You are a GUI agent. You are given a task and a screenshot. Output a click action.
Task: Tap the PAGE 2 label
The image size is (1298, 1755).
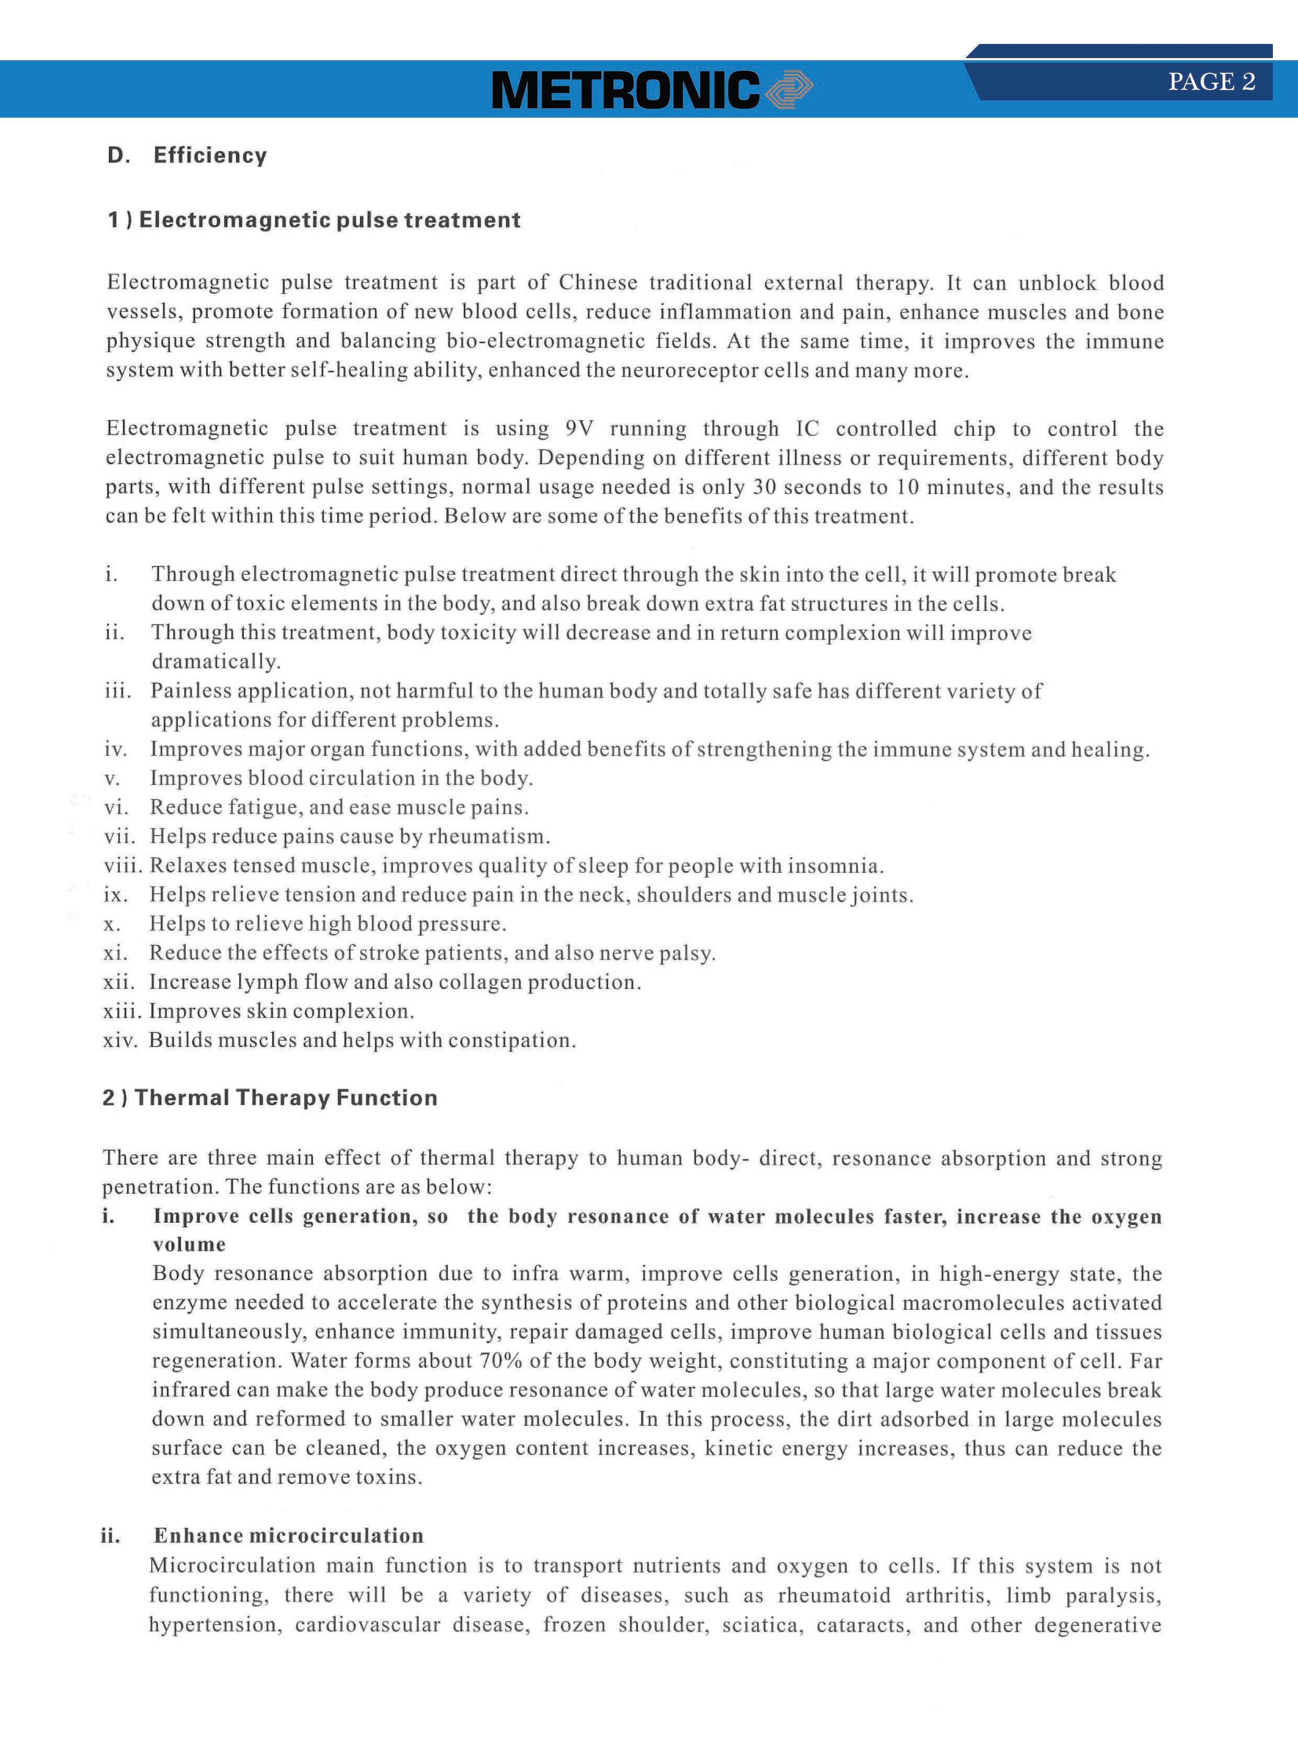1211,82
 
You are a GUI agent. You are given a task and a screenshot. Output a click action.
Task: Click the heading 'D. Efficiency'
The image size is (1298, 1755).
187,155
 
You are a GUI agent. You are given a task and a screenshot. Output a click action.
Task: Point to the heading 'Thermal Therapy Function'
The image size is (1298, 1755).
270,1097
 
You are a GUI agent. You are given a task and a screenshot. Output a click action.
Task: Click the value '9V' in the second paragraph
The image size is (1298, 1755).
579,429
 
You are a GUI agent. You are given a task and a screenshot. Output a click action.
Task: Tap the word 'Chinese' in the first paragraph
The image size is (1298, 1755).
598,283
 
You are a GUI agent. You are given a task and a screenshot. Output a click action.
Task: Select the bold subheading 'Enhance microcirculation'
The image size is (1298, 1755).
288,1536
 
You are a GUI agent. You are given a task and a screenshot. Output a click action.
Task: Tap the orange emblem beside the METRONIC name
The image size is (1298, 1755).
788,89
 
